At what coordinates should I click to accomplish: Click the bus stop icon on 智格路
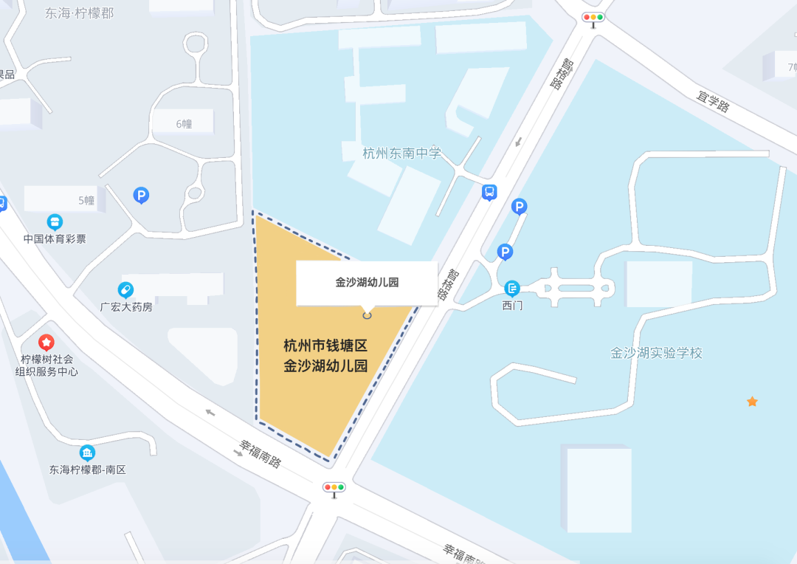(489, 193)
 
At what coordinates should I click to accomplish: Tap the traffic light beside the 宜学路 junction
(593, 17)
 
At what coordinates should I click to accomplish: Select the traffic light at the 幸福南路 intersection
(334, 487)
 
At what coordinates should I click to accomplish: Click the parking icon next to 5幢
(141, 195)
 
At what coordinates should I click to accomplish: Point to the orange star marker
(752, 402)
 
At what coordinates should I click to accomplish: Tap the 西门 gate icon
(512, 289)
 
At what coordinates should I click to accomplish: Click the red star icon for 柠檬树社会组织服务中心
(46, 343)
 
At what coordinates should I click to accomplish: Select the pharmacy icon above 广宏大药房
(125, 289)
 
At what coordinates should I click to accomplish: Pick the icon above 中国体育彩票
(55, 222)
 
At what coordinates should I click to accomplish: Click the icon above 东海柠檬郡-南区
(87, 453)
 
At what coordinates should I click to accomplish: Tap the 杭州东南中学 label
(401, 154)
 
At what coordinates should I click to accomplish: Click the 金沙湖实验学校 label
(656, 353)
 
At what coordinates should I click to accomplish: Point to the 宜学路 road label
(714, 102)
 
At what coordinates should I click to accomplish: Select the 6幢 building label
(184, 123)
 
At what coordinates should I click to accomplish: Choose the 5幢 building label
(86, 200)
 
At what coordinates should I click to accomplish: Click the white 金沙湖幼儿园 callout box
(367, 282)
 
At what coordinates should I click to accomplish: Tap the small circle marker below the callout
(367, 315)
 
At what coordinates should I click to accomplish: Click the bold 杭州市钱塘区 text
(325, 345)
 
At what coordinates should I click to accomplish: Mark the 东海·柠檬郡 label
(79, 13)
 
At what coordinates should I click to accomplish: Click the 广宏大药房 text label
(126, 306)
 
